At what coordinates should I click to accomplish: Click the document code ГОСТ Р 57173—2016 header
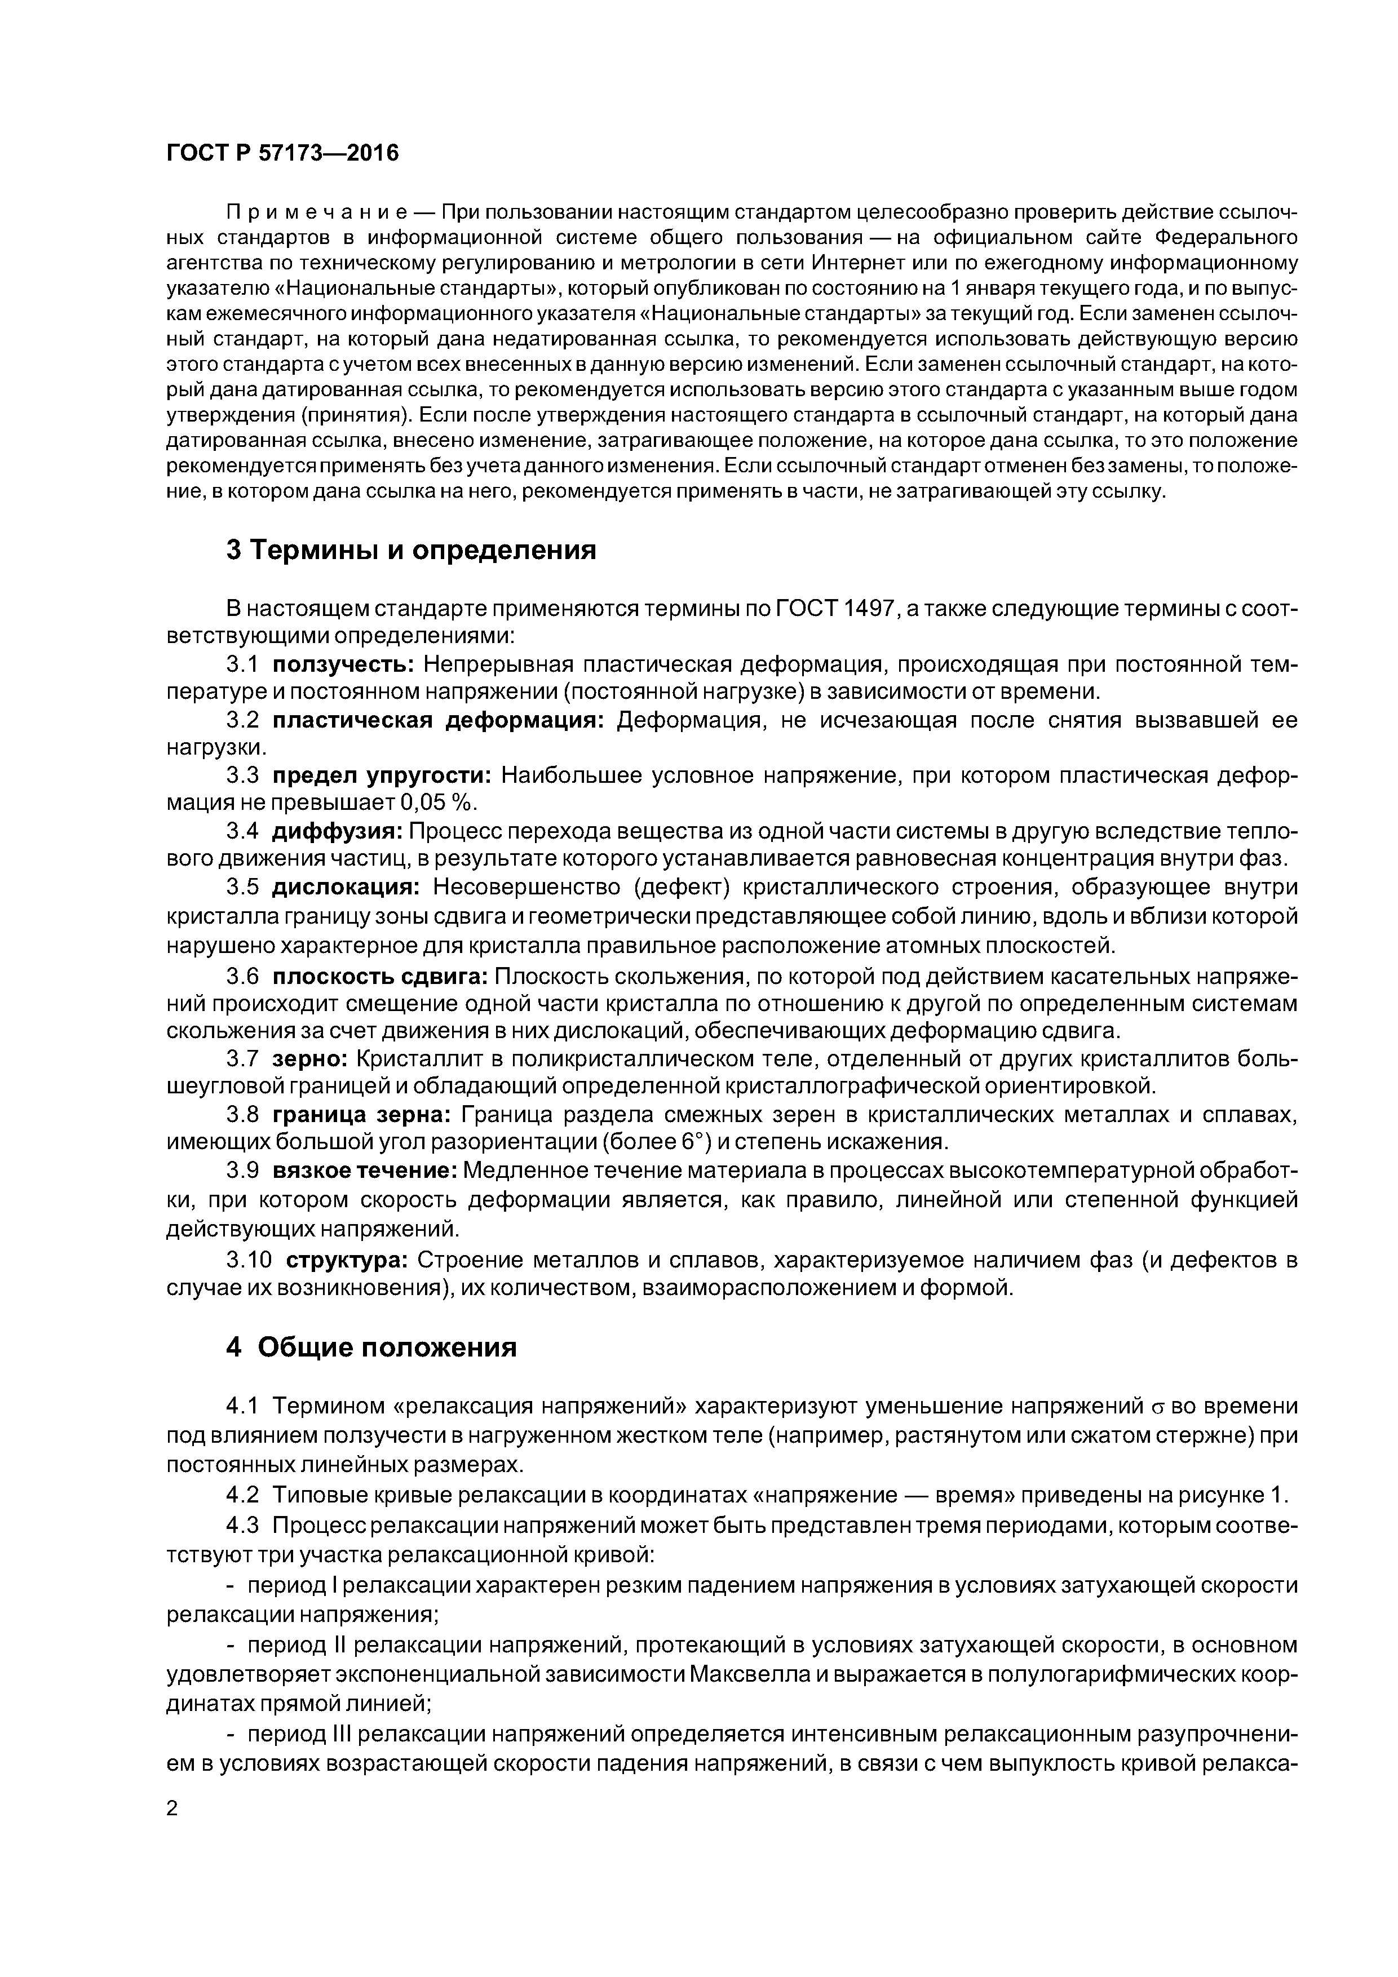pyautogui.click(x=282, y=153)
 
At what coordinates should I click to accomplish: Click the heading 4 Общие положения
pyautogui.click(x=371, y=1347)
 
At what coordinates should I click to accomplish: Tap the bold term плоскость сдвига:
pyautogui.click(x=381, y=977)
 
